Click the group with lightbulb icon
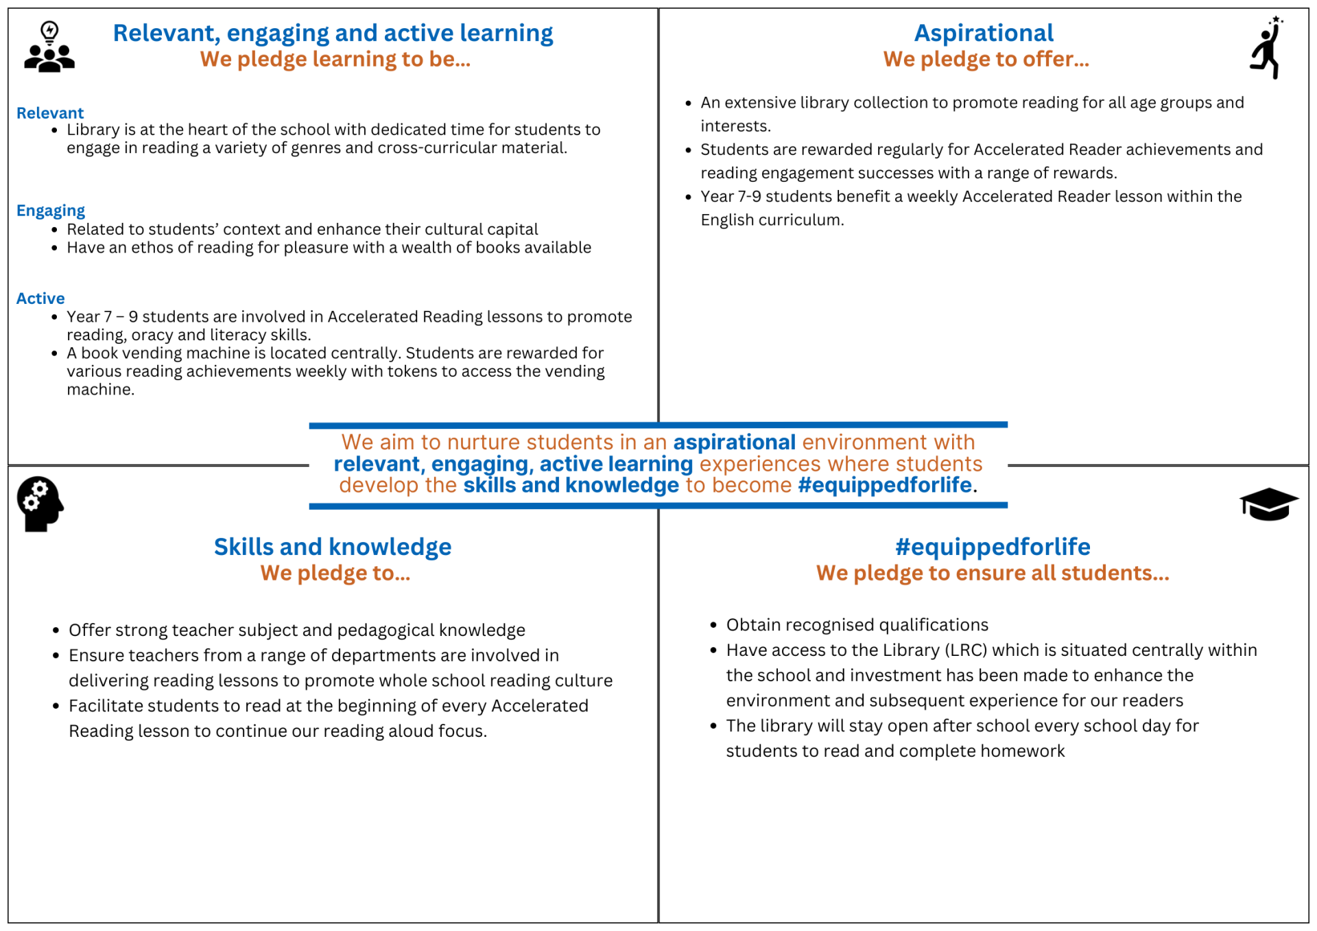point(49,47)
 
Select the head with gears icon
point(40,504)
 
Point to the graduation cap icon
point(1268,505)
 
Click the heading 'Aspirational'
point(984,33)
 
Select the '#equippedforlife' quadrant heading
point(993,547)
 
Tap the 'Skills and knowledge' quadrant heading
point(333,547)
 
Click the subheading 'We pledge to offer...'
point(986,60)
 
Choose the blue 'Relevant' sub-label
point(50,113)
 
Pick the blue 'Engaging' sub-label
point(51,211)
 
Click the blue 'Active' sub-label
point(40,298)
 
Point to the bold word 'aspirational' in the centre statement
point(734,443)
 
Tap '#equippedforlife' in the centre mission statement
point(885,485)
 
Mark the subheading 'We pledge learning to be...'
point(335,60)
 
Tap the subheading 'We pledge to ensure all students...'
point(993,574)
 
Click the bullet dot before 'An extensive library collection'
point(689,104)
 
